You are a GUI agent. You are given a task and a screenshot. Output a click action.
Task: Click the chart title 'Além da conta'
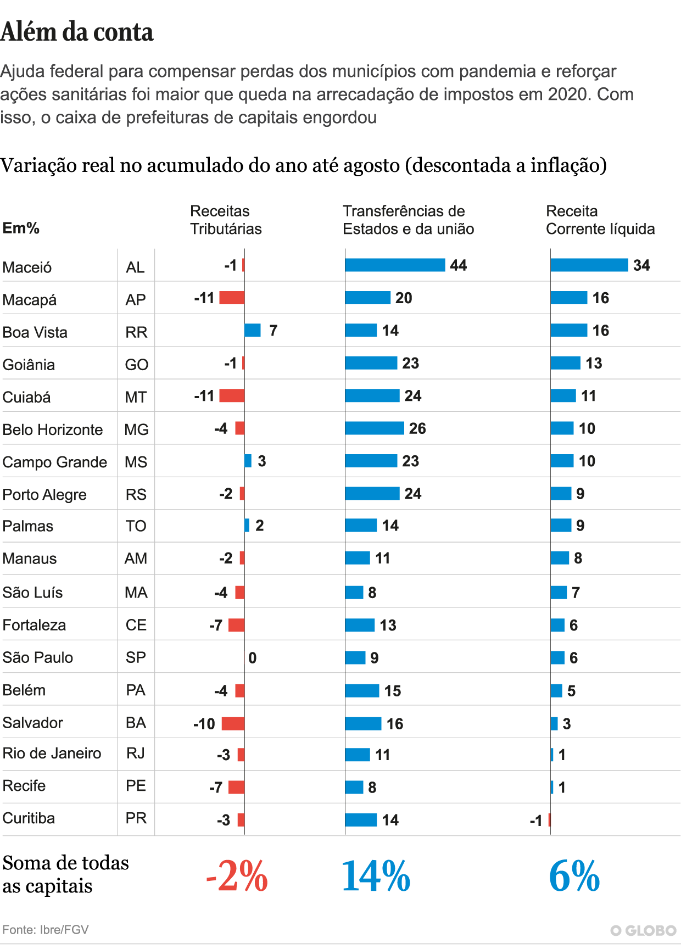click(x=77, y=32)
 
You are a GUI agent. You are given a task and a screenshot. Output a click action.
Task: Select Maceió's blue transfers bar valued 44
click(x=395, y=265)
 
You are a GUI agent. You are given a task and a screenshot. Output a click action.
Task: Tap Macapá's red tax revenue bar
click(x=232, y=298)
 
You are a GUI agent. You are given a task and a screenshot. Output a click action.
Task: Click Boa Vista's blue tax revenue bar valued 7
click(x=253, y=330)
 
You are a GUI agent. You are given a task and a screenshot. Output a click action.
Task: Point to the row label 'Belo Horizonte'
click(x=53, y=429)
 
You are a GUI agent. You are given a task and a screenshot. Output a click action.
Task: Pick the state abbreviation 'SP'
click(x=136, y=657)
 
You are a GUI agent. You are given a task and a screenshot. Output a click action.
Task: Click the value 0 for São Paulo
click(x=253, y=658)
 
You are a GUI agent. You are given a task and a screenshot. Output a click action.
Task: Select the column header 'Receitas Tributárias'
click(x=226, y=220)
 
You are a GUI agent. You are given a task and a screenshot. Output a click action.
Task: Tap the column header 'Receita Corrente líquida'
click(x=600, y=220)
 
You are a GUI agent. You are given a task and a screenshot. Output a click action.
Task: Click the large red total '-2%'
click(x=237, y=876)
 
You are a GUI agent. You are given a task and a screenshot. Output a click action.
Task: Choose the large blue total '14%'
click(x=376, y=876)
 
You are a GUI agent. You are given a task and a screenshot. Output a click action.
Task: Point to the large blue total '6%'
click(x=574, y=876)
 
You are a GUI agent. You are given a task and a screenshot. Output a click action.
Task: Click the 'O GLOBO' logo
click(x=643, y=930)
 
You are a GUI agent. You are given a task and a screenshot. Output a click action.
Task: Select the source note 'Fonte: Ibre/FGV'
click(x=46, y=930)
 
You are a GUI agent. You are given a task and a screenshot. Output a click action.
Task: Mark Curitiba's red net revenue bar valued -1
click(x=549, y=820)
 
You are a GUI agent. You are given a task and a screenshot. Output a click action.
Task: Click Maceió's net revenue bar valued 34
click(x=589, y=265)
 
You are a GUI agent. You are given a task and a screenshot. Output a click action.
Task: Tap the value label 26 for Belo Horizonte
click(x=417, y=428)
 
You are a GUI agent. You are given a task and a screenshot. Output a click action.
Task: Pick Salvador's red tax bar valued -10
click(x=233, y=723)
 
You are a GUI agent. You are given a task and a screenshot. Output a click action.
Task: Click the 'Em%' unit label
click(x=21, y=228)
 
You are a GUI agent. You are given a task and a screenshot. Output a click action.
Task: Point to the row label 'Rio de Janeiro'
click(x=52, y=753)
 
